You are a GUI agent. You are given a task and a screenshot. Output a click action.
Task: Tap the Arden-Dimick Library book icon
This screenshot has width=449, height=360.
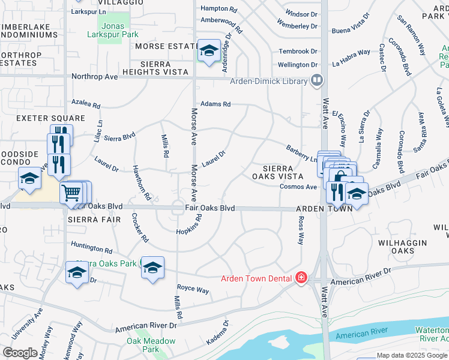point(317,80)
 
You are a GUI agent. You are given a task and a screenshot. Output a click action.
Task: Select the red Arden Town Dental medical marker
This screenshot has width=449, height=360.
point(301,278)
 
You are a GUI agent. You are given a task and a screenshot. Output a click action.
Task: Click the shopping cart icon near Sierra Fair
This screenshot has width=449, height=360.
point(71,193)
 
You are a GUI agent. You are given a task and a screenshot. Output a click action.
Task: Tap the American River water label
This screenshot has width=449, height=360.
point(369,334)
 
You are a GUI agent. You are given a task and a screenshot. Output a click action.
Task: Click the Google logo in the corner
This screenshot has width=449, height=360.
point(20,353)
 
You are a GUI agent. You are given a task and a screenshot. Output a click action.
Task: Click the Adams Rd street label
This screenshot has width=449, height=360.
point(216,104)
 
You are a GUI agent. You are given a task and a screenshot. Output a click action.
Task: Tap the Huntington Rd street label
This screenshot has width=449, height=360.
point(92,247)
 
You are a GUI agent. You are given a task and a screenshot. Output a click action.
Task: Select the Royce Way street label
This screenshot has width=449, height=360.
point(193,290)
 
